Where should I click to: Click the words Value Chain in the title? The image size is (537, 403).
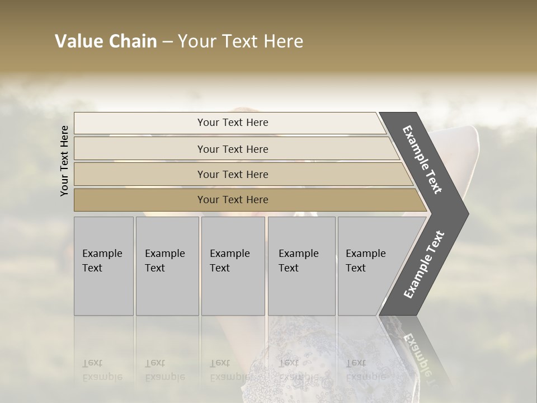point(106,41)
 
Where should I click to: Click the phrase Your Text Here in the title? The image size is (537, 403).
point(241,41)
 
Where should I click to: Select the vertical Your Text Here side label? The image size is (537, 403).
point(64,161)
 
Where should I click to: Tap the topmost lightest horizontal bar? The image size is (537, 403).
point(140,123)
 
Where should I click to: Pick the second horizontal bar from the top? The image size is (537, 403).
point(140,149)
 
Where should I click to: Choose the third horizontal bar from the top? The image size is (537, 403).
point(140,174)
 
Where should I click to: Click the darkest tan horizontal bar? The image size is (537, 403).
point(140,200)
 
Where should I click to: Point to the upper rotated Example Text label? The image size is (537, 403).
point(423,159)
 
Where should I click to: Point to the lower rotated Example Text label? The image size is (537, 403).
point(423,264)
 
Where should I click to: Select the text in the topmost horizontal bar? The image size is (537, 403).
point(233,123)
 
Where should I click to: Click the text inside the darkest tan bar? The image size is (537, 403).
point(233,200)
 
